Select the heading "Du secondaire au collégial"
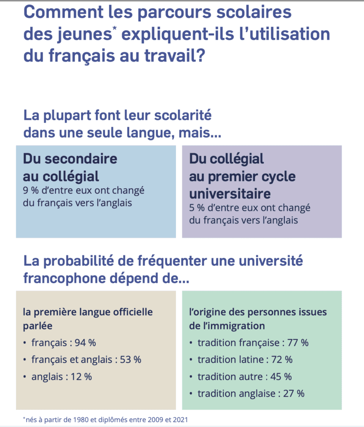tap(70, 167)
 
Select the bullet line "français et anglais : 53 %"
tap(86, 360)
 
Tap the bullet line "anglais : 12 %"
tap(61, 377)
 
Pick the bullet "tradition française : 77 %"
tap(253, 343)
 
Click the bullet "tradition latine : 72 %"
tap(245, 360)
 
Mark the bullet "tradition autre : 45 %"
tap(244, 377)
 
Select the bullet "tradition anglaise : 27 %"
tap(251, 393)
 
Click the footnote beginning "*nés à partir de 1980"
tap(105, 419)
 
